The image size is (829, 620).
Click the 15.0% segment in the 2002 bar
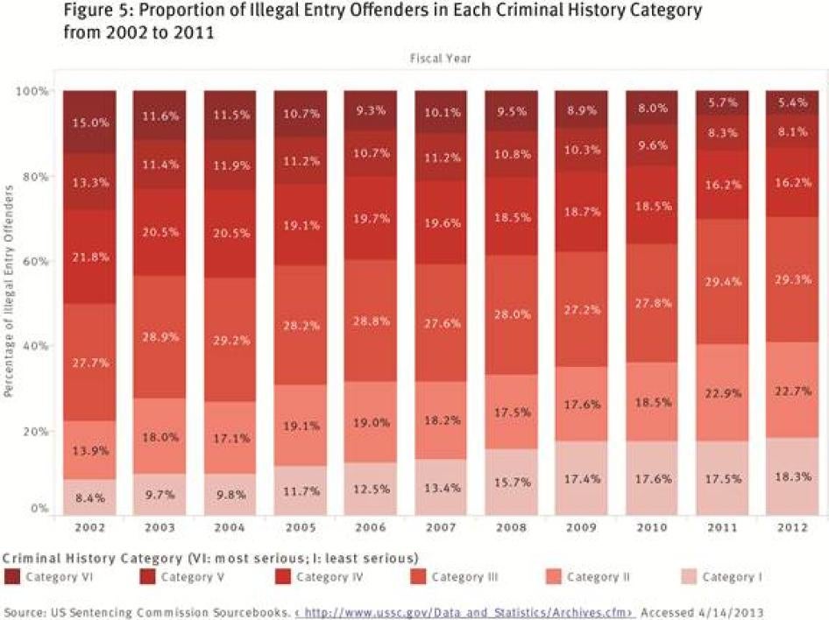click(89, 123)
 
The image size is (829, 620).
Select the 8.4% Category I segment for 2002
click(89, 497)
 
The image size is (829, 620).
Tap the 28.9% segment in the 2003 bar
click(159, 337)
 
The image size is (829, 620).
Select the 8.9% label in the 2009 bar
click(582, 109)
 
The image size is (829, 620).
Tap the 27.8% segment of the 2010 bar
click(652, 303)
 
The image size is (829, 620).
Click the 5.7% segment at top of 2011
click(722, 102)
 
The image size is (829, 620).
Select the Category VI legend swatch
click(11, 577)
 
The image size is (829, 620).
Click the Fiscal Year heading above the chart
click(441, 59)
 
